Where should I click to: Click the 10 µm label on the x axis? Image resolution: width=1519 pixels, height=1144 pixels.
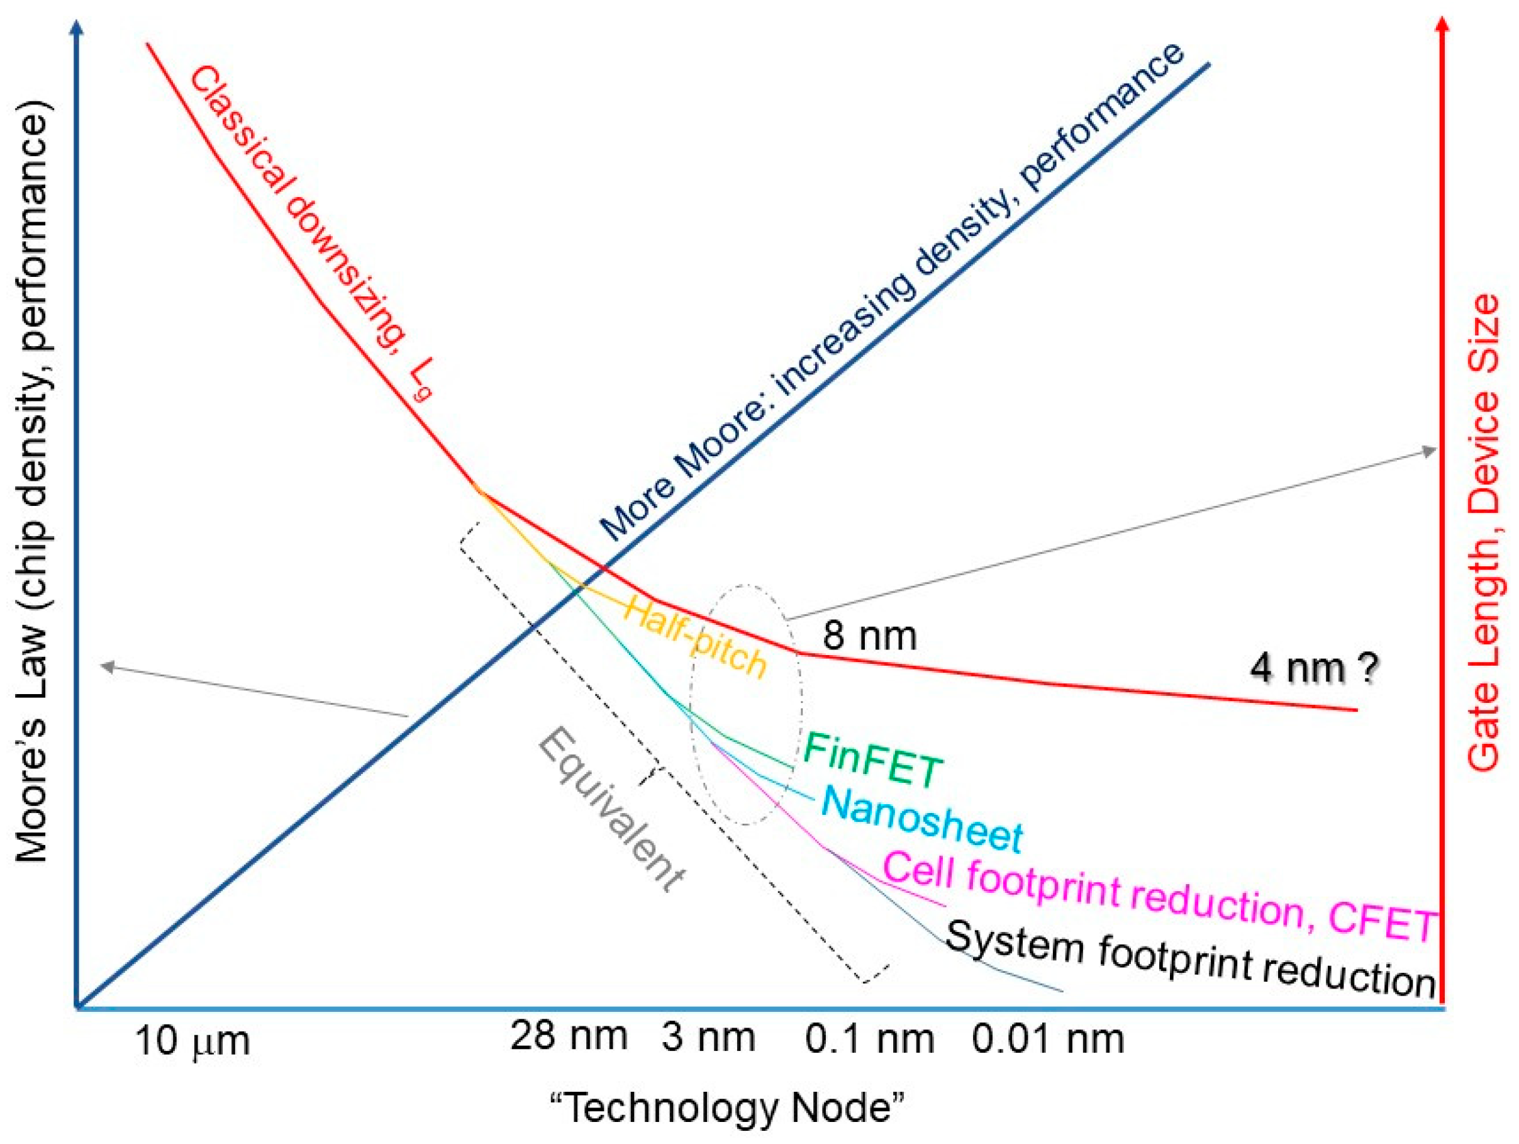click(x=193, y=1041)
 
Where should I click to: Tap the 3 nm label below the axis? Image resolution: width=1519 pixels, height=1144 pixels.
click(x=708, y=1037)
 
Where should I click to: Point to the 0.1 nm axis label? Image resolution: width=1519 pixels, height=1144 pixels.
click(x=869, y=1039)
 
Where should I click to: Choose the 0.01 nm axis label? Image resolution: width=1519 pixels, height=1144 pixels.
click(x=1048, y=1039)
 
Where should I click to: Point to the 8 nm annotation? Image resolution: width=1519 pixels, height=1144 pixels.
click(x=869, y=636)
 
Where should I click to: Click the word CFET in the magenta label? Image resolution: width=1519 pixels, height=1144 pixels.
click(x=1382, y=924)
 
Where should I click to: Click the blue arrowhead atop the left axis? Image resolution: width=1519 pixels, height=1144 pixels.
click(x=77, y=25)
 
